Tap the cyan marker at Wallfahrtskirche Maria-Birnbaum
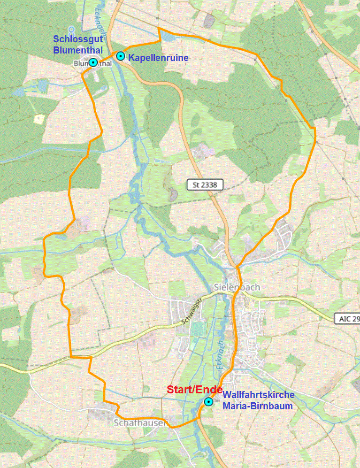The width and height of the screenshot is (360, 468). tap(208, 402)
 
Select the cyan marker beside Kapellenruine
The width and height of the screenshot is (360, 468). tap(121, 56)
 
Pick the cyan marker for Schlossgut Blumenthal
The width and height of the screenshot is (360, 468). tap(93, 62)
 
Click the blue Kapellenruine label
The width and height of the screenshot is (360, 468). tap(158, 58)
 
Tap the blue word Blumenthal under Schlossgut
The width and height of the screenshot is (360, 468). tap(78, 50)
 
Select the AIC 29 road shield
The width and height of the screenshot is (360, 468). tap(348, 319)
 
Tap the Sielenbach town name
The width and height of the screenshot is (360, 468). tap(237, 287)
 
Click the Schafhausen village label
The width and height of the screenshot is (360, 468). tap(140, 423)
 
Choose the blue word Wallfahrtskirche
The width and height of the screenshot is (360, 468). tap(258, 395)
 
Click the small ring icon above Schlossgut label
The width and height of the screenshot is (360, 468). tap(71, 30)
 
